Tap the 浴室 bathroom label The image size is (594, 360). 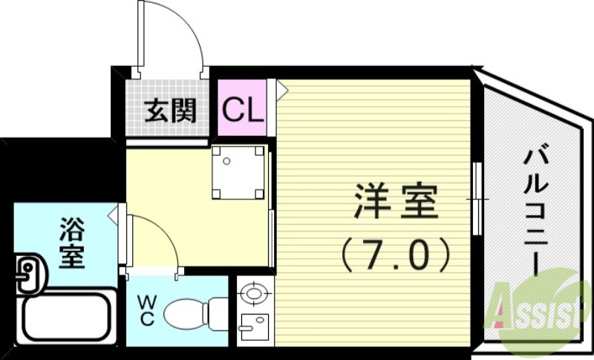click(71, 242)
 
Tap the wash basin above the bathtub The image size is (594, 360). click(27, 271)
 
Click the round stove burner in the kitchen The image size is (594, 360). click(252, 294)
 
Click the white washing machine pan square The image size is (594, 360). click(238, 172)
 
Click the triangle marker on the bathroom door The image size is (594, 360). click(113, 216)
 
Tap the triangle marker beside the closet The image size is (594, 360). click(281, 87)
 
